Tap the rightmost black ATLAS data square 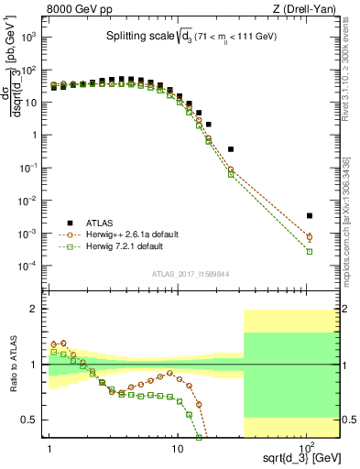pyautogui.click(x=310, y=216)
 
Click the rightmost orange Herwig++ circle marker pyautogui.click(x=310, y=237)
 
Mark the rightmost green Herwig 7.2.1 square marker pyautogui.click(x=310, y=251)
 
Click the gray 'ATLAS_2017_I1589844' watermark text pyautogui.click(x=191, y=272)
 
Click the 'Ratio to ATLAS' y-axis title pyautogui.click(x=12, y=364)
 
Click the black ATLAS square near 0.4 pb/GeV pyautogui.click(x=231, y=148)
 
